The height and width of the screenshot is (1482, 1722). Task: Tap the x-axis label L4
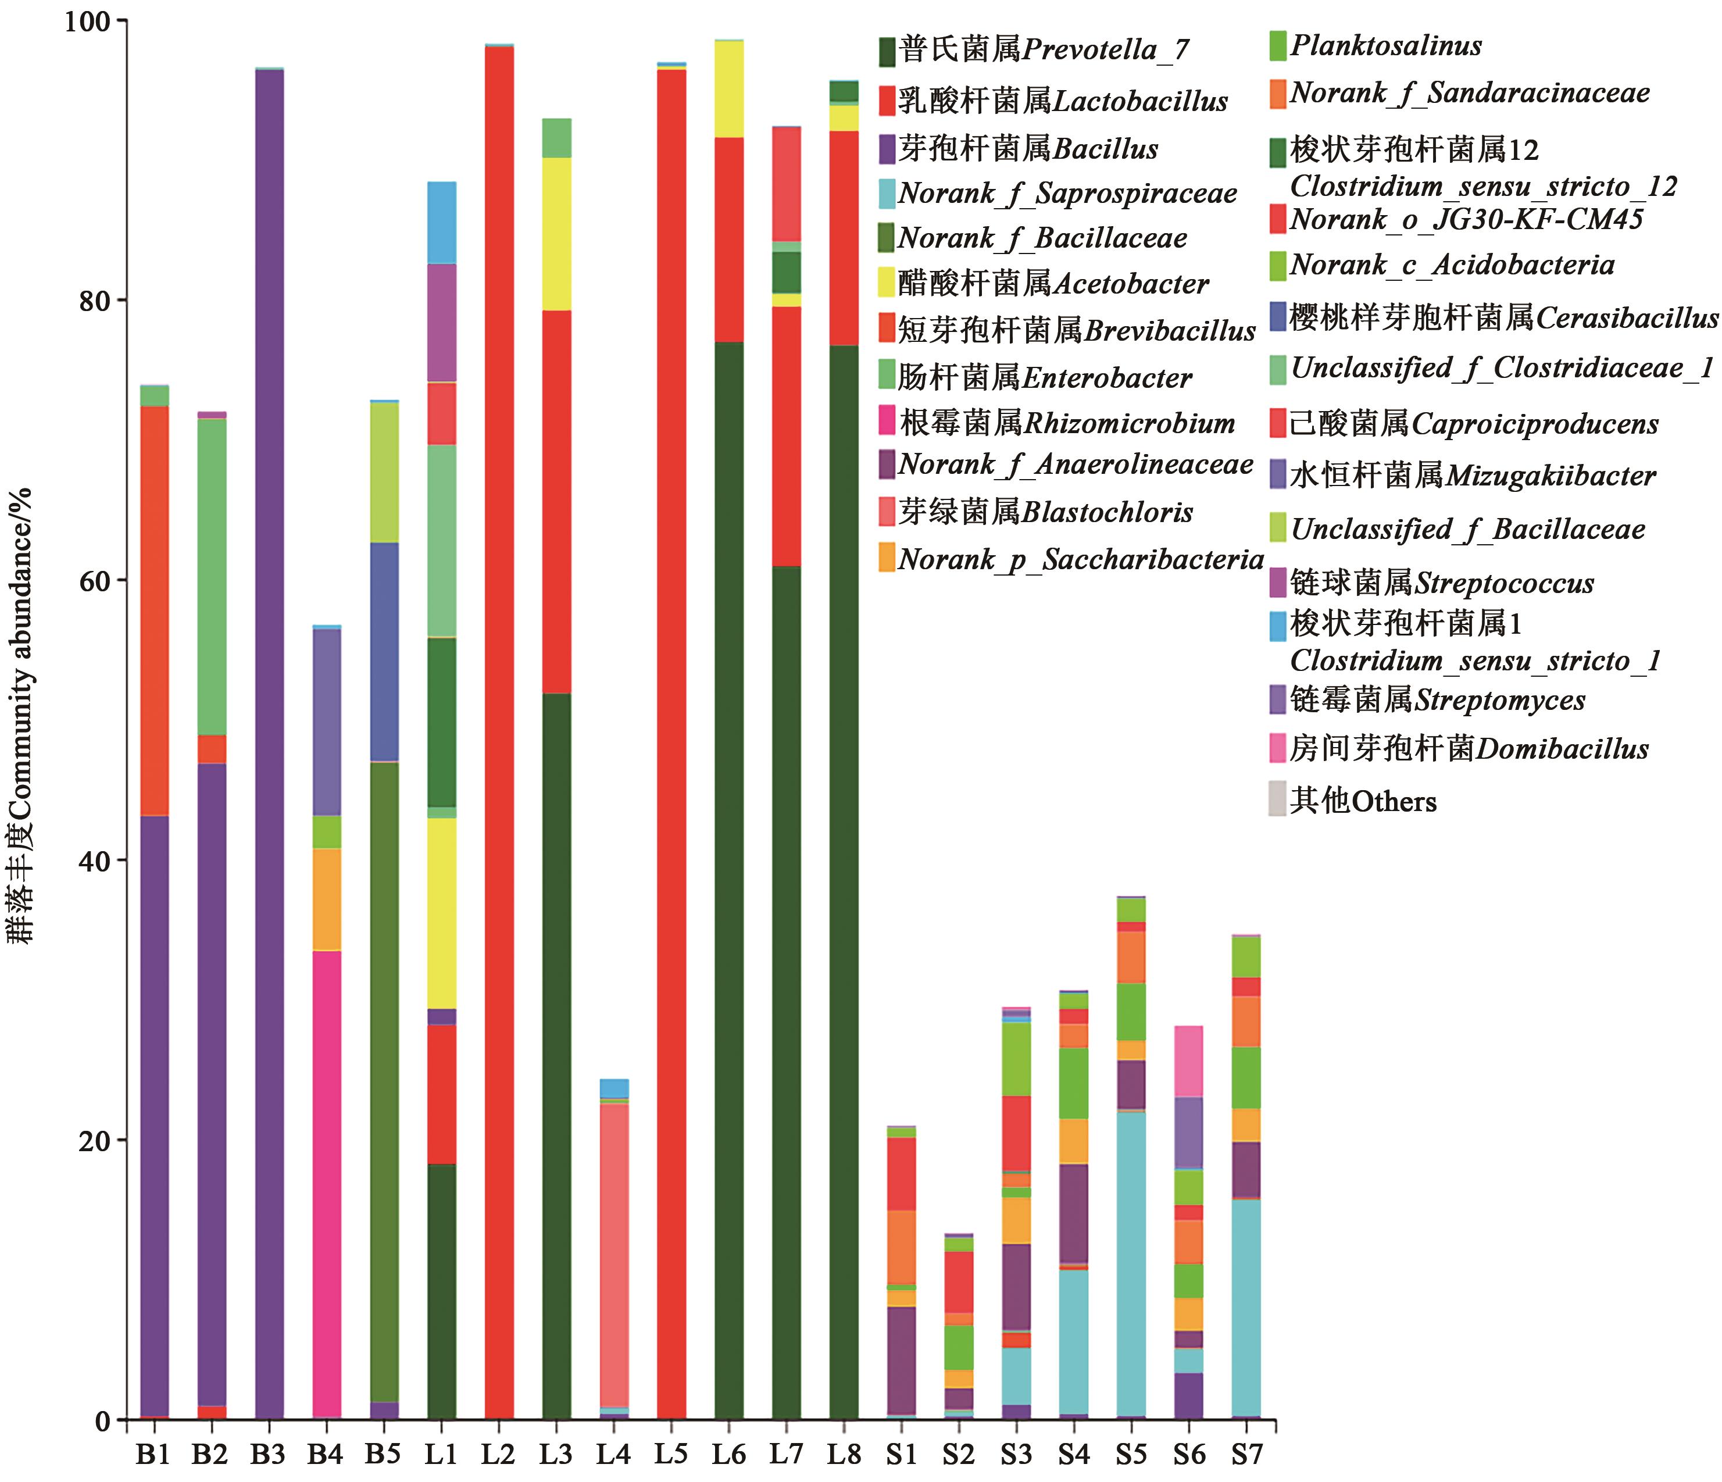tap(613, 1454)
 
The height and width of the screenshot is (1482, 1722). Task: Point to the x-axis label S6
tap(1189, 1454)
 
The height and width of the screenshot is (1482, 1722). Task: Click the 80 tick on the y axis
tap(95, 301)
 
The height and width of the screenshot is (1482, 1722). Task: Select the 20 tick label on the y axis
tap(95, 1140)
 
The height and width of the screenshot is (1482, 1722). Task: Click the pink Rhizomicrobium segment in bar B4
tap(326, 1180)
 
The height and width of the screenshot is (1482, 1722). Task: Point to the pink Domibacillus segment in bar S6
tap(1189, 1062)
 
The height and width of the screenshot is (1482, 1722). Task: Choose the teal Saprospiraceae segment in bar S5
tap(1131, 1263)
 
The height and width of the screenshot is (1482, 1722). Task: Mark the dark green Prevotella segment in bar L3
tap(556, 1056)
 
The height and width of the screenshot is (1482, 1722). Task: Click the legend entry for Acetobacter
tap(1043, 284)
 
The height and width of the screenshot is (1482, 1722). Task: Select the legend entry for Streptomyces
tap(1426, 700)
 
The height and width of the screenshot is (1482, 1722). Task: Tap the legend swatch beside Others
tap(1277, 799)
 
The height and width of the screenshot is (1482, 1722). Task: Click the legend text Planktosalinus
tap(1385, 46)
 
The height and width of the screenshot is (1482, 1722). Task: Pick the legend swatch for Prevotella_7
tap(887, 52)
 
